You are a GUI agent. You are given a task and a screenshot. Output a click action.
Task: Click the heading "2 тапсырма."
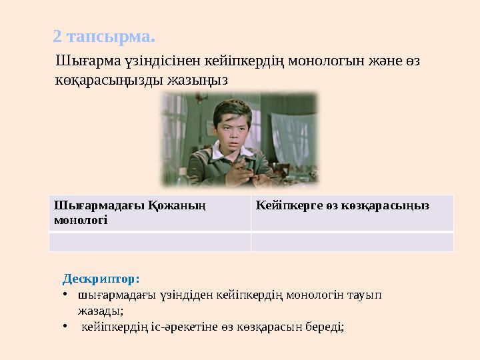click(104, 35)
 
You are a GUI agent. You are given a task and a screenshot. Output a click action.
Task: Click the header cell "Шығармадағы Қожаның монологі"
click(149, 213)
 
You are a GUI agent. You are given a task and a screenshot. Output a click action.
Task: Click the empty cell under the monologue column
click(149, 241)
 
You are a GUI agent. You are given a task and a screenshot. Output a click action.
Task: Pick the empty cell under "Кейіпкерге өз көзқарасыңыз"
click(351, 241)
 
